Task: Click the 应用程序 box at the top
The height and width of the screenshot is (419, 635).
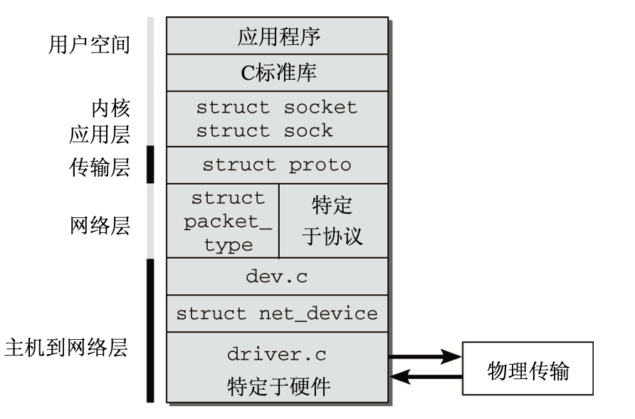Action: tap(278, 36)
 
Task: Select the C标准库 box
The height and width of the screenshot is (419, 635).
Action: tap(278, 73)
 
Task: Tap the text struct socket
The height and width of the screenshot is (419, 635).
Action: tap(276, 108)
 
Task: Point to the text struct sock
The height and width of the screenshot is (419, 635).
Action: tap(265, 130)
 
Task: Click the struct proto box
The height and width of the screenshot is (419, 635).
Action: tap(277, 165)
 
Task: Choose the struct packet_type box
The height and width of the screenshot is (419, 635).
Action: tap(223, 221)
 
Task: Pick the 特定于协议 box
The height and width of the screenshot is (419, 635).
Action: tap(333, 221)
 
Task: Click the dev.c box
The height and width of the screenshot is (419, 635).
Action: tap(277, 276)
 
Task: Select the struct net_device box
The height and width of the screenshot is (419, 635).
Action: tap(277, 314)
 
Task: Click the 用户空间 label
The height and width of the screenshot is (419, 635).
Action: tap(90, 45)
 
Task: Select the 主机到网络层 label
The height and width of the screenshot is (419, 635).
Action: tap(65, 349)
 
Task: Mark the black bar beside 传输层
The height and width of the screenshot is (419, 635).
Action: tap(150, 165)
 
